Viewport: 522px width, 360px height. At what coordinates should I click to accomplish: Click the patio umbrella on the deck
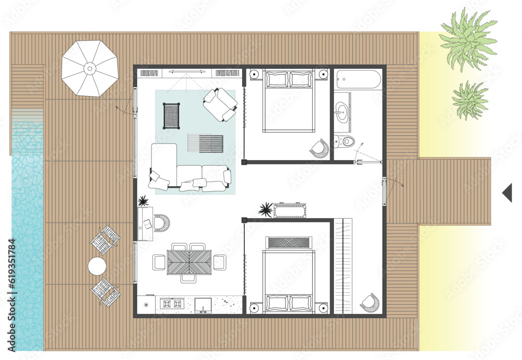pyautogui.click(x=90, y=68)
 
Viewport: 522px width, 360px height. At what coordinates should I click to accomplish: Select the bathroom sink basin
pyautogui.click(x=342, y=110)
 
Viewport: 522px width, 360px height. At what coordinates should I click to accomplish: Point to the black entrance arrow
pyautogui.click(x=507, y=193)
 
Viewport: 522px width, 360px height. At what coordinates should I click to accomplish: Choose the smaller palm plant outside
pyautogui.click(x=469, y=100)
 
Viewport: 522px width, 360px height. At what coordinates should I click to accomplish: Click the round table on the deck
pyautogui.click(x=98, y=267)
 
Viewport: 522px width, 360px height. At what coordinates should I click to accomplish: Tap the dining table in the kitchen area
pyautogui.click(x=189, y=262)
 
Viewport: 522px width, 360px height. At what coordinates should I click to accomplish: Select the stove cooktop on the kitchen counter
pyautogui.click(x=172, y=303)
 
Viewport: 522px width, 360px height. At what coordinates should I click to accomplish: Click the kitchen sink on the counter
pyautogui.click(x=203, y=304)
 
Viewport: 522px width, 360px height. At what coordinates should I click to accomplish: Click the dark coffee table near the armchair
pyautogui.click(x=172, y=115)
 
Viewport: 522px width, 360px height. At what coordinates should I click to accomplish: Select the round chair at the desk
pyautogui.click(x=161, y=223)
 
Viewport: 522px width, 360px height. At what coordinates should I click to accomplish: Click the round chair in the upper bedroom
pyautogui.click(x=319, y=149)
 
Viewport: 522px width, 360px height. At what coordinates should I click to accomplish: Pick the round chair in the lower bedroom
pyautogui.click(x=369, y=303)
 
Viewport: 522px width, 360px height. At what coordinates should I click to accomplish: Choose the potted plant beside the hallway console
pyautogui.click(x=266, y=210)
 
